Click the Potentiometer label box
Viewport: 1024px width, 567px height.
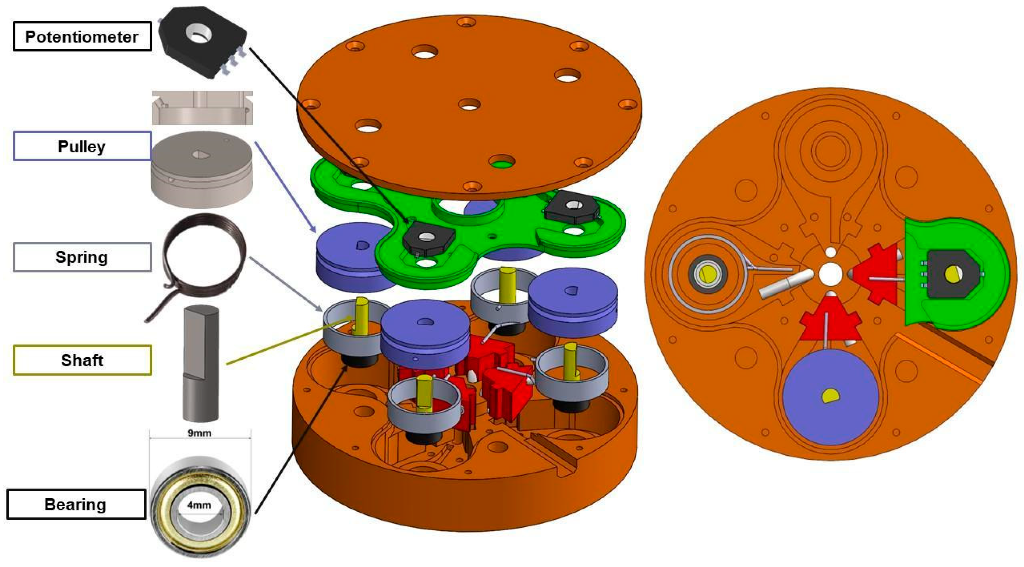point(82,37)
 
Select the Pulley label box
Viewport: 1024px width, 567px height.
point(82,146)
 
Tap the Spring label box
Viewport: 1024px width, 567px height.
point(82,257)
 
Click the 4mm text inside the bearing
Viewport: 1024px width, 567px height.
point(199,505)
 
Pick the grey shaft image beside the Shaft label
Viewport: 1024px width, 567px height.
point(201,364)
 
